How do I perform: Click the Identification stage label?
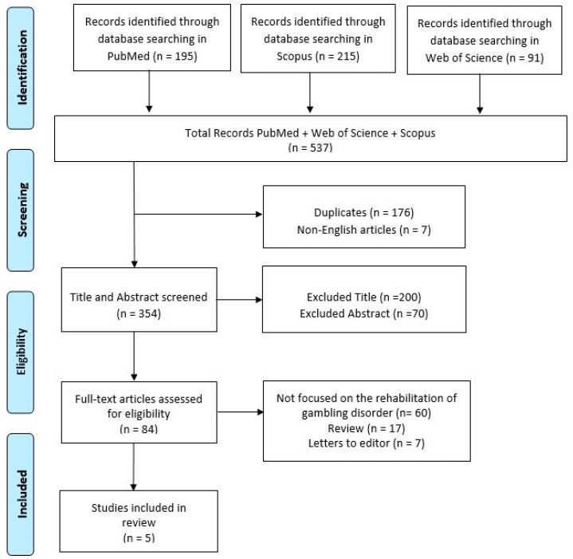click(22, 68)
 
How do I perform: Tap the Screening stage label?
click(22, 210)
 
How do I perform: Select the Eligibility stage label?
click(22, 352)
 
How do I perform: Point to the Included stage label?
click(22, 494)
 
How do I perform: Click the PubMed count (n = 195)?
click(175, 56)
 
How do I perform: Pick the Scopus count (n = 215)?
click(337, 56)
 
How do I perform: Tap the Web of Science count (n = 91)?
click(524, 57)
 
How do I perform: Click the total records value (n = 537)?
click(310, 148)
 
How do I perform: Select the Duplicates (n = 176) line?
click(364, 212)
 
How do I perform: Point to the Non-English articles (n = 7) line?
click(364, 230)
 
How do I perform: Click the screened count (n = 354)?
click(139, 313)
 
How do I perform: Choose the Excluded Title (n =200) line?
click(364, 297)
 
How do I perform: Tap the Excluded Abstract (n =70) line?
click(364, 313)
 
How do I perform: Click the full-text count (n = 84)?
click(139, 429)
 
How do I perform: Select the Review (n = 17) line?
click(366, 428)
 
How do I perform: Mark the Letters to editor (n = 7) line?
click(366, 443)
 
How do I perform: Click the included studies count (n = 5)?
click(139, 537)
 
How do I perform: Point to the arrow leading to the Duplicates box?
click(198, 215)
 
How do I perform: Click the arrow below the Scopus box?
click(310, 93)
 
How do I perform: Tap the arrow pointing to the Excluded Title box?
click(240, 300)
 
